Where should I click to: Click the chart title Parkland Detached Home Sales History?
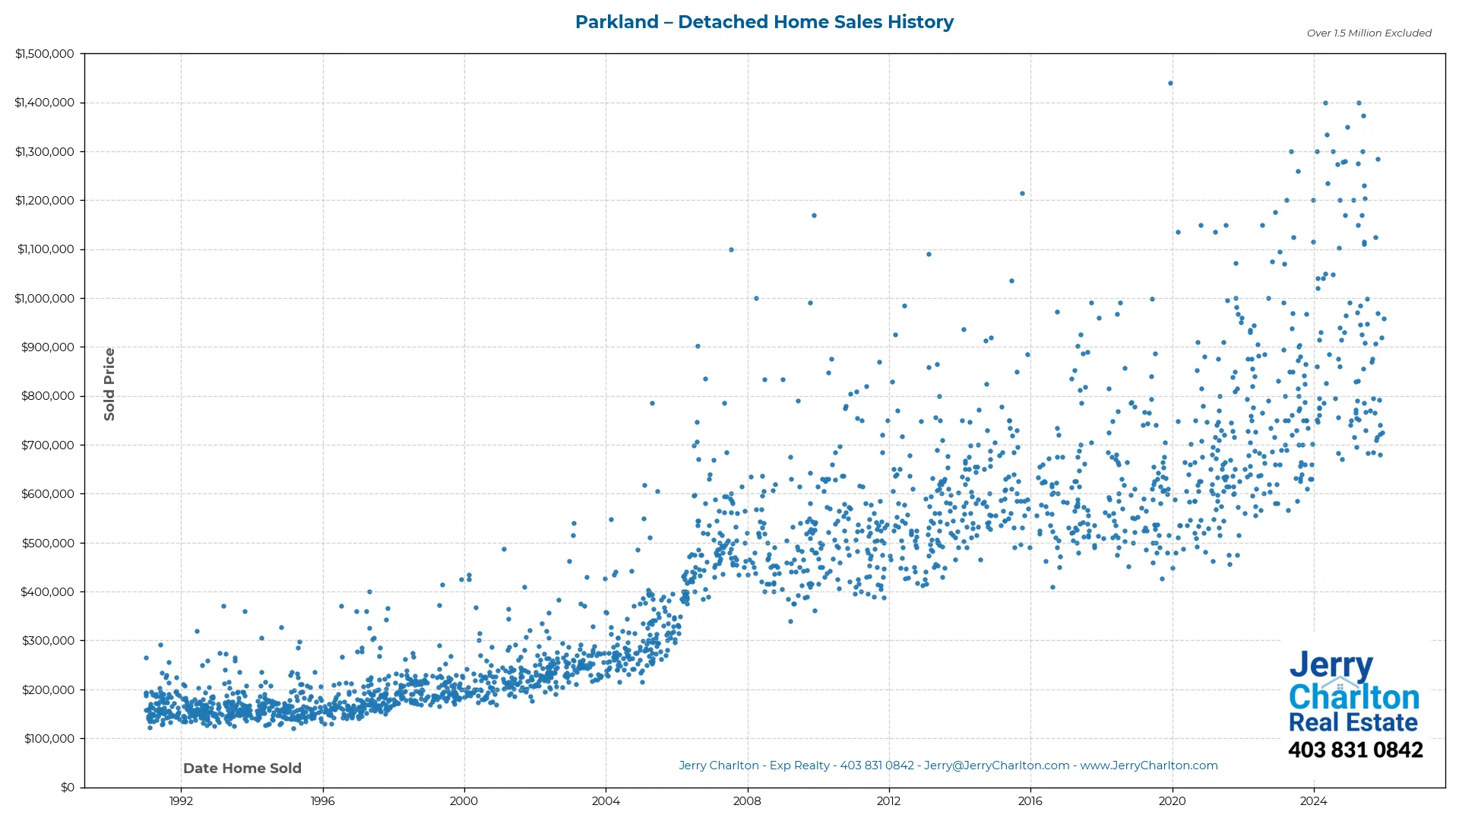tap(764, 22)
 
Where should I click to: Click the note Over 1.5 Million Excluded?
tap(1369, 33)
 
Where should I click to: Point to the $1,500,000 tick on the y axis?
tap(45, 54)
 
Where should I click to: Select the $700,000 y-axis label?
tap(48, 445)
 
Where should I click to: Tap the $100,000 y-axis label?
tap(48, 739)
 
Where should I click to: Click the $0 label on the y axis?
tap(68, 788)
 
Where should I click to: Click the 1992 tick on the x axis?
tap(181, 801)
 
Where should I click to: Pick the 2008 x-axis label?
tap(747, 801)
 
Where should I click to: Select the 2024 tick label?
tap(1313, 801)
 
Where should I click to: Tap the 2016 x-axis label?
tap(1030, 801)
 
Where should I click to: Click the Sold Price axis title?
tap(109, 384)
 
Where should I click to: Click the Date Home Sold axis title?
tap(242, 769)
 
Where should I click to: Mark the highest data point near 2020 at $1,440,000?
tap(1170, 84)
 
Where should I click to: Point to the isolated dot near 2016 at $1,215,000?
tap(1022, 194)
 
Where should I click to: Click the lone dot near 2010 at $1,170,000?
tap(814, 216)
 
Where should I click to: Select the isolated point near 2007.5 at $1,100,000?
tap(731, 250)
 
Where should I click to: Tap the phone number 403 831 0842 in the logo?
tap(1355, 750)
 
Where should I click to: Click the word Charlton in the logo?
tap(1353, 697)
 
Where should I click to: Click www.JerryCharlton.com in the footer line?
tap(1148, 766)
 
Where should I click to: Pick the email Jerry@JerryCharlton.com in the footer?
tap(996, 766)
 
